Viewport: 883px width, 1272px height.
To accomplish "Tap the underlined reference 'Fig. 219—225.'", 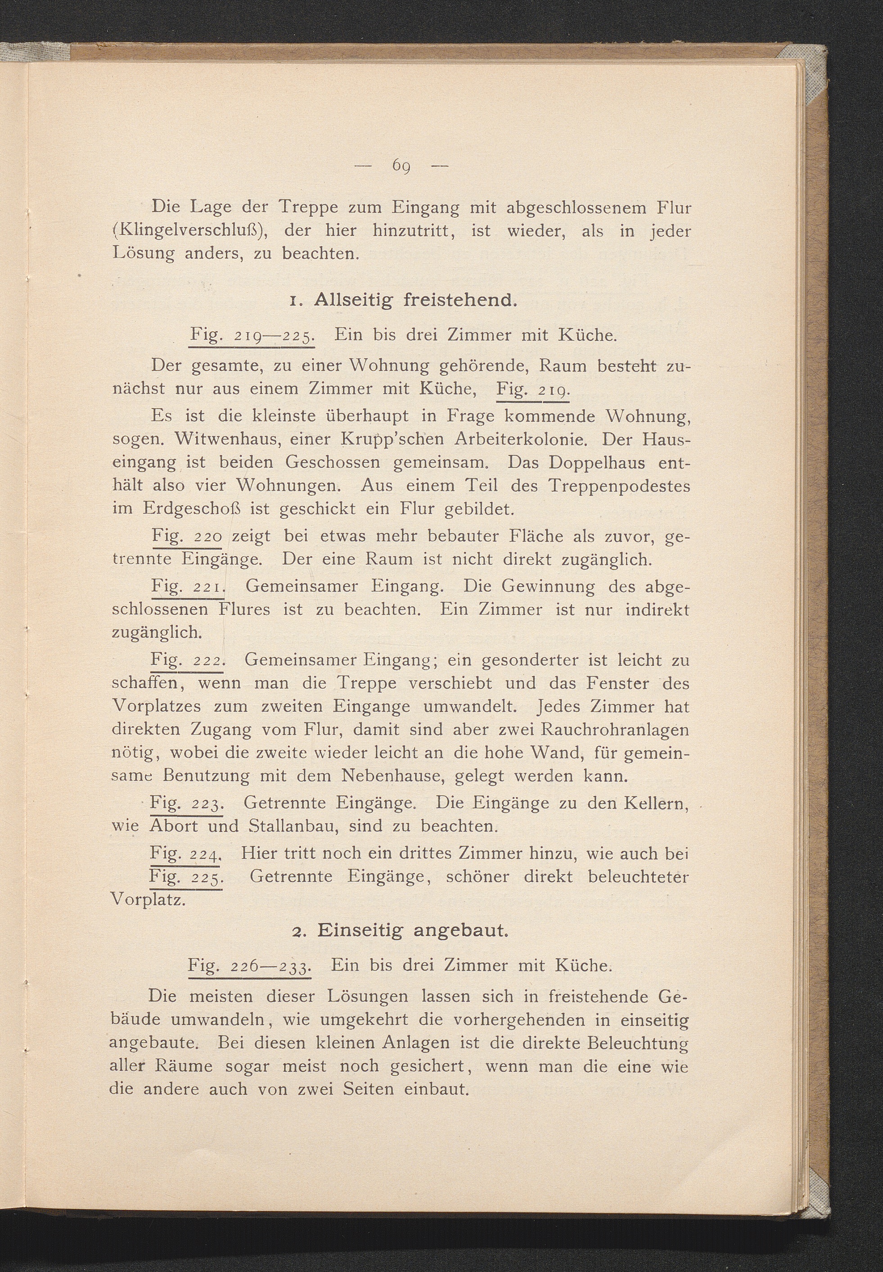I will [252, 336].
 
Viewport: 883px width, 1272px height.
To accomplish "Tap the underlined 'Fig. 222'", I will [186, 660].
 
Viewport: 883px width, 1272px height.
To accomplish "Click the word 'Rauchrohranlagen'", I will [613, 730].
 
